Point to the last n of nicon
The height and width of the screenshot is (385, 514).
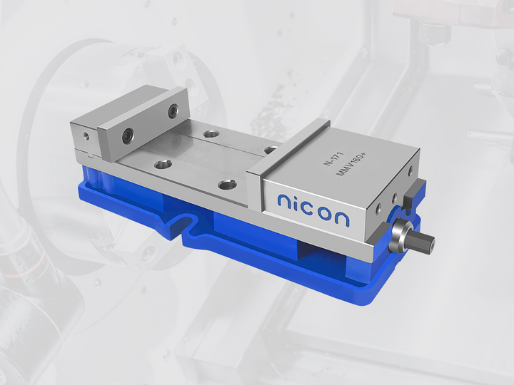[342, 217]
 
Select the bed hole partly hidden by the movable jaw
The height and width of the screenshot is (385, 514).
[271, 150]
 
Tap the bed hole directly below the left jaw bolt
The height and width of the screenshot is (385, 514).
[163, 164]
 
